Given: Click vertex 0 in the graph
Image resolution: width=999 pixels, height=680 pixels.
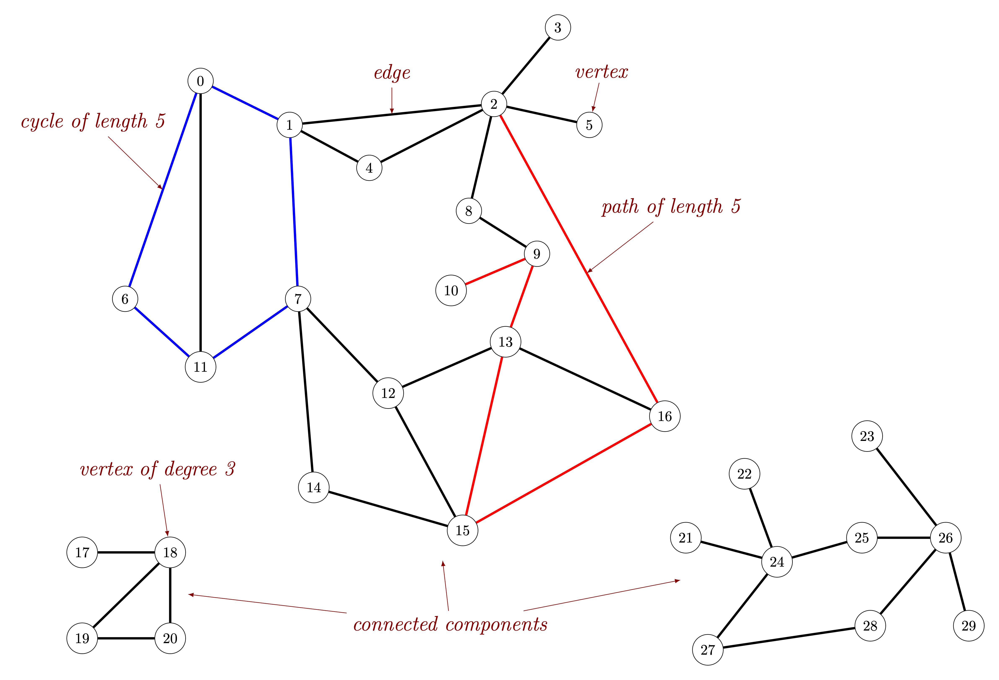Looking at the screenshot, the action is tap(200, 81).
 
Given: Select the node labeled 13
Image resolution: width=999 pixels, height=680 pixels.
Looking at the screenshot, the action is tap(506, 342).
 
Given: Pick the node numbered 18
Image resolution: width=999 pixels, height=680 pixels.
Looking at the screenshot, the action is tap(170, 552).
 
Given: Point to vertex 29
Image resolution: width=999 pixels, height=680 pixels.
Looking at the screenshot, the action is tap(968, 625).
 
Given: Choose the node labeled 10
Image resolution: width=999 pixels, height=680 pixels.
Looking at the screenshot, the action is tap(451, 291).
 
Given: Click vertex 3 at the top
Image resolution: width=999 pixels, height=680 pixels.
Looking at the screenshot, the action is tap(558, 27).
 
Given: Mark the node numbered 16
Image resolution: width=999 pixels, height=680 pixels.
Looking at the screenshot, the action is tap(664, 416).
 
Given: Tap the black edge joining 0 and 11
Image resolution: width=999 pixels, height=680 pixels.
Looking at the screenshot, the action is tap(200, 224).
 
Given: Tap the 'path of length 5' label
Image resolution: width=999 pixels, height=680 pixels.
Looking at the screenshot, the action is tap(671, 207).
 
